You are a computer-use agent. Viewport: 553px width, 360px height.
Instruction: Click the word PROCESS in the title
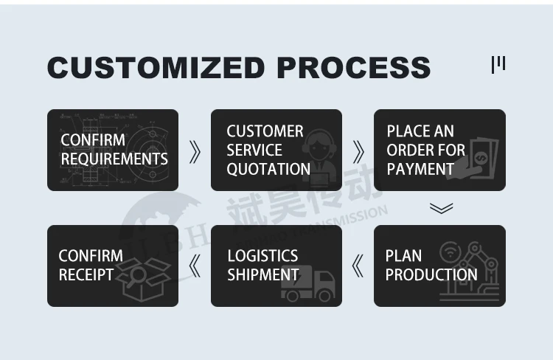[x=353, y=67]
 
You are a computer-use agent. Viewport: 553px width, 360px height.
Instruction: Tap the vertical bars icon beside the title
[x=498, y=64]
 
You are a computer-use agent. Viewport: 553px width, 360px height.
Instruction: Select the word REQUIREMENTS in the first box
[x=114, y=159]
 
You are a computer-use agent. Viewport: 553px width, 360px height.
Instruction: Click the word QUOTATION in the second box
[x=268, y=169]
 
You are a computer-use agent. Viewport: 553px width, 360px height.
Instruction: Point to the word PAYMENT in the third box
[x=420, y=169]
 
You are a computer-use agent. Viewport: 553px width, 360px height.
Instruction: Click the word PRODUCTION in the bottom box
[x=431, y=274]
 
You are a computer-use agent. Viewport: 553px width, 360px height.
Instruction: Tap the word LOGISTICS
[x=262, y=256]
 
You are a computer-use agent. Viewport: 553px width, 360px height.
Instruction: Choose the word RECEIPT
[x=86, y=274]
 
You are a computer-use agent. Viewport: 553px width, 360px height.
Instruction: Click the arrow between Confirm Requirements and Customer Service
[x=195, y=151]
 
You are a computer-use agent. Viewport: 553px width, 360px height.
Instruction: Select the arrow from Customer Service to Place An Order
[x=358, y=151]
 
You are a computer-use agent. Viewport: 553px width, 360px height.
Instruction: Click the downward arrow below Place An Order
[x=441, y=208]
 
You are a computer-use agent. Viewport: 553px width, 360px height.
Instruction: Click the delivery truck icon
[x=308, y=284]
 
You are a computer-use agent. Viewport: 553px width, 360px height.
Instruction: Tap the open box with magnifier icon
[x=145, y=280]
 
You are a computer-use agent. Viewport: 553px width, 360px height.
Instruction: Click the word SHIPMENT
[x=263, y=274]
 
